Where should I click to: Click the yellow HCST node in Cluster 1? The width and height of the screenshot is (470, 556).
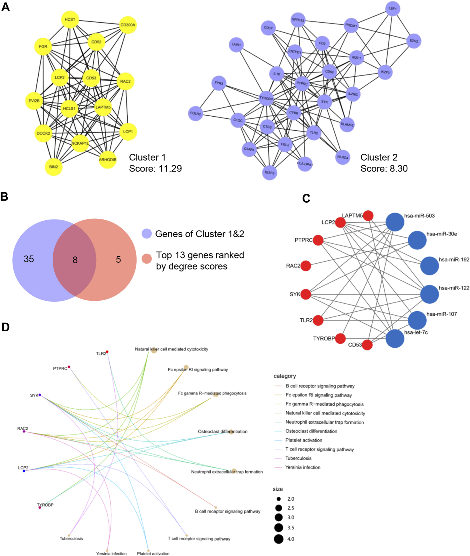tap(70, 19)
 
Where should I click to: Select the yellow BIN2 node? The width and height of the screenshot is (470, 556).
tap(53, 167)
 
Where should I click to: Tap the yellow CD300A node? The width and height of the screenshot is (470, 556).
tap(127, 25)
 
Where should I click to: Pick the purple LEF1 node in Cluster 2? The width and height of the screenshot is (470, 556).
tap(392, 9)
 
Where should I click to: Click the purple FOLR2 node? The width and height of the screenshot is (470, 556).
tap(195, 113)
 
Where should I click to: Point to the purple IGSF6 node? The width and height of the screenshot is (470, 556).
tap(269, 173)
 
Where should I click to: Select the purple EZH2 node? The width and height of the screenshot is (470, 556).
tap(413, 41)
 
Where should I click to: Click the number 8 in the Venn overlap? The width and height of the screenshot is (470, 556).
tap(75, 260)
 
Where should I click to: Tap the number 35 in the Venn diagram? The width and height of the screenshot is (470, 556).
tap(29, 259)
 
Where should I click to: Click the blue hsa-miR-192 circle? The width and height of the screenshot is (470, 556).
tap(429, 266)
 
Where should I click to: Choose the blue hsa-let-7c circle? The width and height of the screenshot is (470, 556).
tap(395, 338)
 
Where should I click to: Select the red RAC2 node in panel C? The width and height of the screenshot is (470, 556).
tap(306, 266)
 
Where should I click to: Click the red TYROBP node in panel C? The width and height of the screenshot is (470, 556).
tap(340, 338)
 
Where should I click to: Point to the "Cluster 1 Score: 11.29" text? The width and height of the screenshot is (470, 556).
tap(155, 163)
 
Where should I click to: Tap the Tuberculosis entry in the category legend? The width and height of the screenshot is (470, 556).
tap(298, 458)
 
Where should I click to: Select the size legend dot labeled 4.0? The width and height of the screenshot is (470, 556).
tap(279, 539)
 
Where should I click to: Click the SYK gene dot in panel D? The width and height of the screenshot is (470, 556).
tap(40, 395)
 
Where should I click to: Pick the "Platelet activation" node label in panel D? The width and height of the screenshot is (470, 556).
tap(153, 554)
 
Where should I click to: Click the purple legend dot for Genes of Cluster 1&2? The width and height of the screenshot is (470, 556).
tap(147, 234)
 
